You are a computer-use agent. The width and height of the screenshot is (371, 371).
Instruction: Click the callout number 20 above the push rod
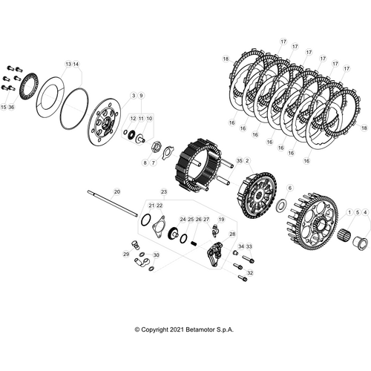(116, 192)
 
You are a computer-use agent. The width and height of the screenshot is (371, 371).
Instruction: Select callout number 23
(164, 192)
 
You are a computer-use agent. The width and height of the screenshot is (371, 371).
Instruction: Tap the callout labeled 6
(290, 188)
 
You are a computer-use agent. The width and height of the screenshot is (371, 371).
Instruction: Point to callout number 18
(226, 58)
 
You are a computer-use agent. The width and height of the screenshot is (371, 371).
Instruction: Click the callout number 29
(126, 255)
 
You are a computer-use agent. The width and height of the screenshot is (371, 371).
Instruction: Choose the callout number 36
(11, 108)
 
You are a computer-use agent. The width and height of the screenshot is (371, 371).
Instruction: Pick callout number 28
(232, 234)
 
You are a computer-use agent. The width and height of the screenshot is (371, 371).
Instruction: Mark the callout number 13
(68, 65)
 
